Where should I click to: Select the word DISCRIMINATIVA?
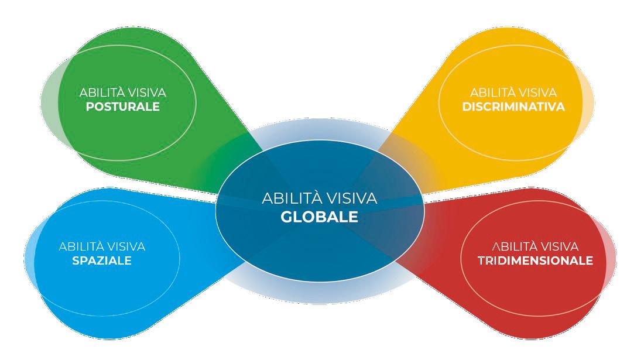click(x=513, y=107)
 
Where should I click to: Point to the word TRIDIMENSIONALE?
click(x=535, y=260)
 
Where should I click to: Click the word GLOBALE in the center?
click(x=319, y=217)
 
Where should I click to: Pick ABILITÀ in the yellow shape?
click(x=492, y=92)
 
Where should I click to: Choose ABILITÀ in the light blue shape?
click(x=80, y=246)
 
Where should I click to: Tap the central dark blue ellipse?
click(x=319, y=246)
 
